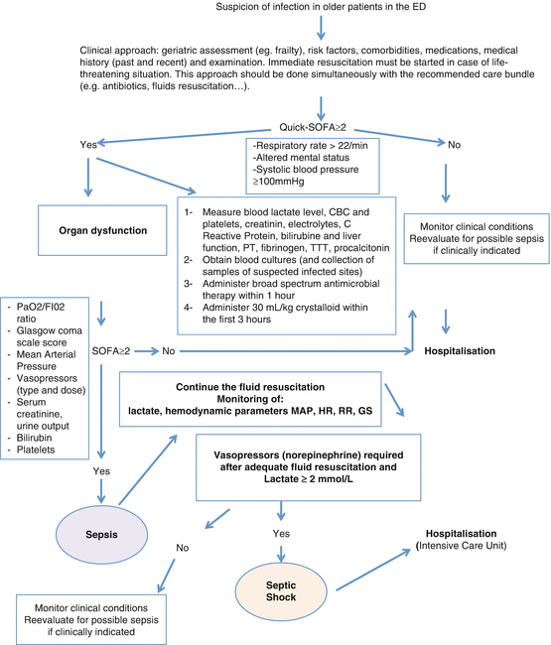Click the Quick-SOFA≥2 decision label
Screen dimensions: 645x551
[321, 127]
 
